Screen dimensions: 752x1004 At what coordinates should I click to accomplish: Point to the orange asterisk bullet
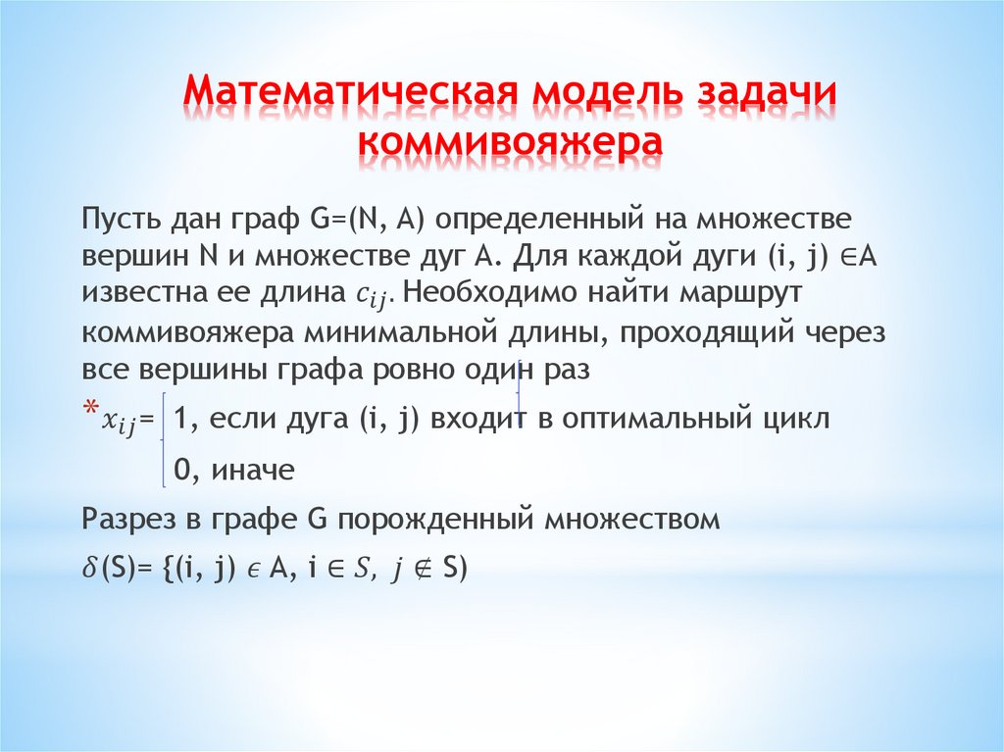tap(89, 409)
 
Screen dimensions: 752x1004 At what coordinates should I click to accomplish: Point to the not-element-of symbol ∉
tap(422, 571)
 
